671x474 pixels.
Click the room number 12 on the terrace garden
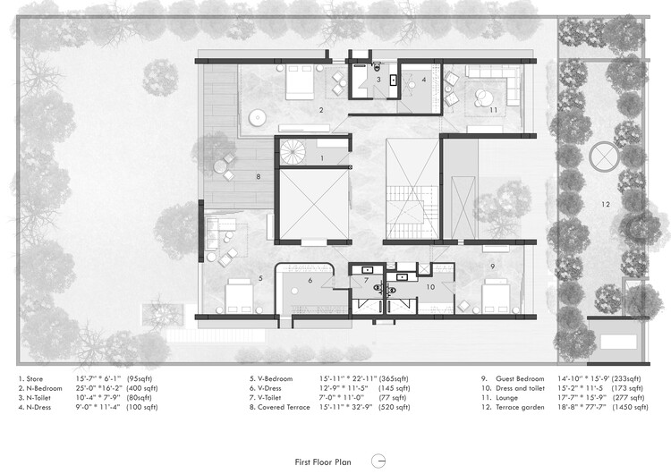pyautogui.click(x=605, y=205)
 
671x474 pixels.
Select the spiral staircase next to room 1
pyautogui.click(x=292, y=152)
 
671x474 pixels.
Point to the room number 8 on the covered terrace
pyautogui.click(x=259, y=177)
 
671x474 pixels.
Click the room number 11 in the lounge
pyautogui.click(x=492, y=110)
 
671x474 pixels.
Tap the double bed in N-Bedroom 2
pyautogui.click(x=297, y=86)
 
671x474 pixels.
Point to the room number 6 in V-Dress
pyautogui.click(x=310, y=280)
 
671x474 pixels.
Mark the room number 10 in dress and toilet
pyautogui.click(x=429, y=287)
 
